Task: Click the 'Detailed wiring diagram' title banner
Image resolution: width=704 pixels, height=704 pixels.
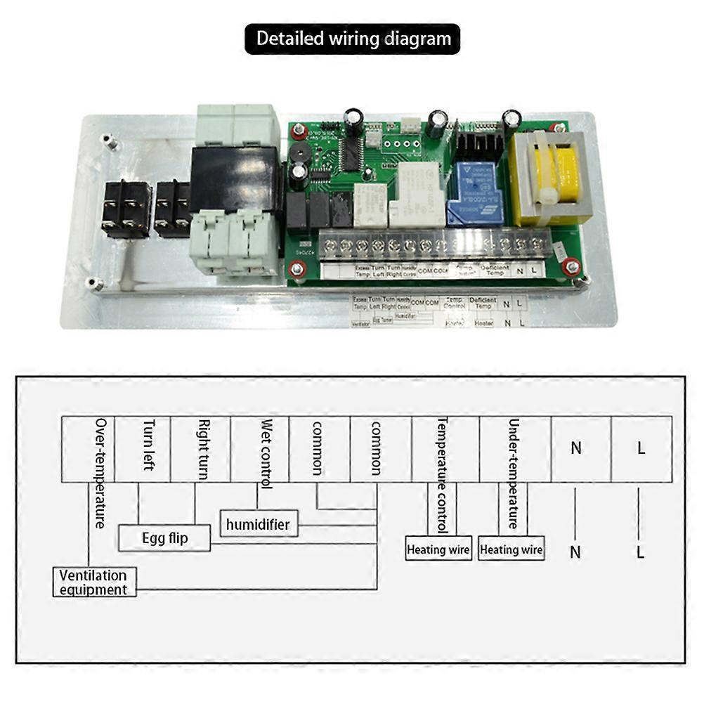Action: [x=352, y=39]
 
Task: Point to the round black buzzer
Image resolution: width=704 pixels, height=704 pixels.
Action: [x=299, y=155]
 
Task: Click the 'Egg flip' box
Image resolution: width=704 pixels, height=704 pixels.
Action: [x=164, y=538]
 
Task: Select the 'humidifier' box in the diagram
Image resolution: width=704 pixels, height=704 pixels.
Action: [x=258, y=523]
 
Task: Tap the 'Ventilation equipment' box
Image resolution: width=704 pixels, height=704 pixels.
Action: [x=94, y=582]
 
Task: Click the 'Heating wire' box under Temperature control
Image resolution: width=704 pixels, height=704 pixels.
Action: [x=438, y=549]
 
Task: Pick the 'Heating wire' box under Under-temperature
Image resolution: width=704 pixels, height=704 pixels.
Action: [x=511, y=549]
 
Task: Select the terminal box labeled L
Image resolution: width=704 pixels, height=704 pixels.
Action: [x=641, y=448]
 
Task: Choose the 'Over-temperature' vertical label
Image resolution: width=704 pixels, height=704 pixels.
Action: [x=101, y=472]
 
